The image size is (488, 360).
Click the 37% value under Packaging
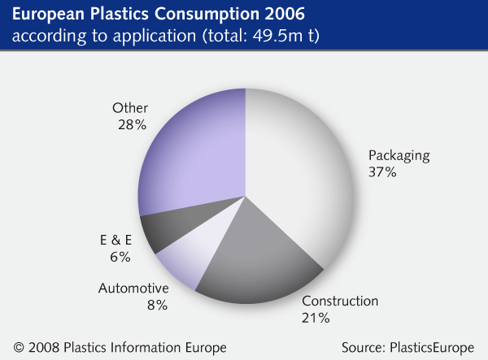click(382, 172)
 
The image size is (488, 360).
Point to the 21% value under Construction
click(316, 318)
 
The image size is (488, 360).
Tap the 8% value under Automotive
click(158, 305)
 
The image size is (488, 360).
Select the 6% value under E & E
click(120, 257)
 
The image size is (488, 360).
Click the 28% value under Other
click(133, 124)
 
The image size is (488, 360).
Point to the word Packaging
click(399, 155)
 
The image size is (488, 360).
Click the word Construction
click(340, 301)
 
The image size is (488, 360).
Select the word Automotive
click(134, 288)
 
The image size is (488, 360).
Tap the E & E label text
click(115, 240)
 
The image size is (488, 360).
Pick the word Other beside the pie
click(130, 108)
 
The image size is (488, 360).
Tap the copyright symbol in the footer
click(19, 348)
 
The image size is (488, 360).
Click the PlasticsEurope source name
click(432, 348)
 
